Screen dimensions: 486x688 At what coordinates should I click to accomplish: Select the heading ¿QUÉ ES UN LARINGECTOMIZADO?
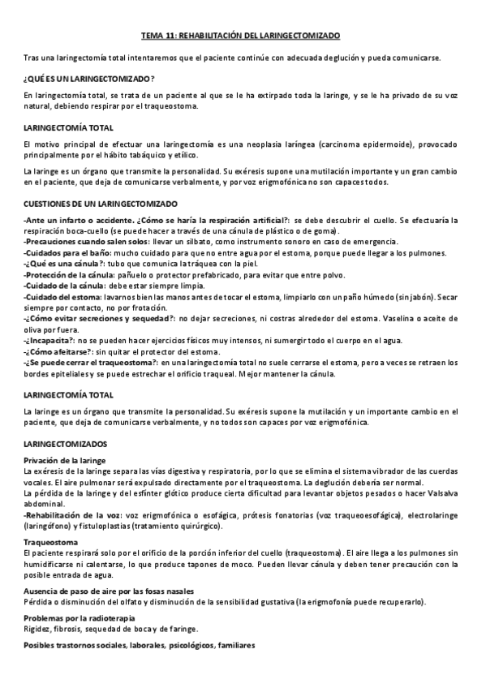point(89,78)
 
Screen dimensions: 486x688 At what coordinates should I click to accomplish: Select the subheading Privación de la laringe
point(66,460)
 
